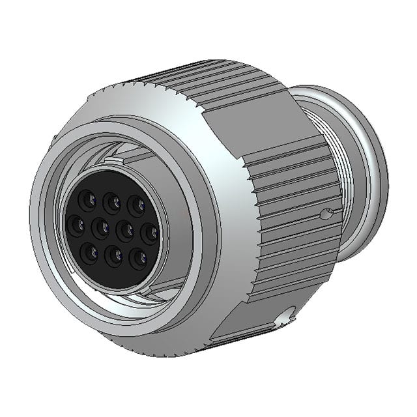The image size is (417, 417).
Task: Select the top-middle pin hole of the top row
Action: [112, 200]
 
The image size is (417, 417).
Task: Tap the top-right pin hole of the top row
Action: [137, 205]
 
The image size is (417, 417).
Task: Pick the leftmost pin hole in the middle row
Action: [76, 225]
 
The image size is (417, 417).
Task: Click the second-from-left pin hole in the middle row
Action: [100, 228]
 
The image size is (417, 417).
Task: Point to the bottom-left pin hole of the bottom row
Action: [89, 251]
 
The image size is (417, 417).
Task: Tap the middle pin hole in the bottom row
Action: [114, 255]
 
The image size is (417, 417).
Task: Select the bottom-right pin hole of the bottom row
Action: [138, 259]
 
